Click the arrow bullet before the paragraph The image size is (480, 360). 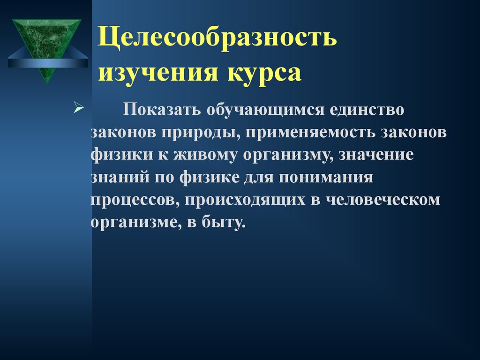click(79, 108)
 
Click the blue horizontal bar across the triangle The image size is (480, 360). click(48, 63)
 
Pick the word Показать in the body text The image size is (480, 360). click(162, 109)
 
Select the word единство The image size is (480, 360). click(367, 110)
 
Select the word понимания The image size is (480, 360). click(326, 177)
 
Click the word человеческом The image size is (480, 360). click(382, 200)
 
